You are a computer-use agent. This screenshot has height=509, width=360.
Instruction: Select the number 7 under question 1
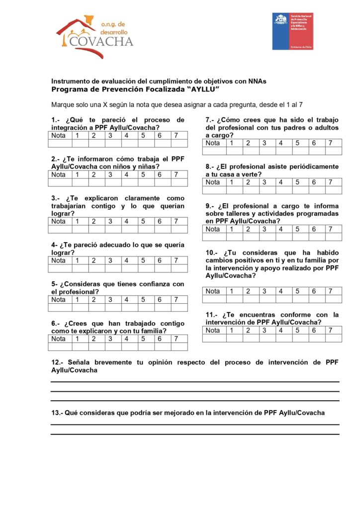[177, 136]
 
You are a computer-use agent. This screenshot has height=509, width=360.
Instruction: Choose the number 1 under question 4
[78, 260]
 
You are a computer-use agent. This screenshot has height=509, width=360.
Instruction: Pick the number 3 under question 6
[111, 339]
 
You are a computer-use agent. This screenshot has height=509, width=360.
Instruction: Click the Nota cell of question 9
[214, 229]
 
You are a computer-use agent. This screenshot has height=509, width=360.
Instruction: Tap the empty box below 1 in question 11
[232, 338]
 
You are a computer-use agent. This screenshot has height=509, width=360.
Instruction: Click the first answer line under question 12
[195, 381]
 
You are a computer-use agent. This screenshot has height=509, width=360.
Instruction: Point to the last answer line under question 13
[195, 434]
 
